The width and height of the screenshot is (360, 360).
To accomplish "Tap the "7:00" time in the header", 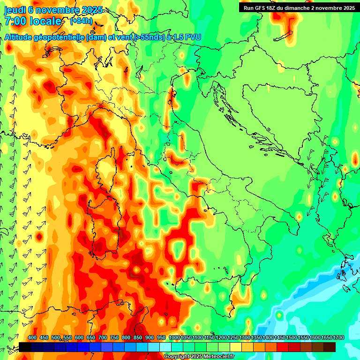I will pos(15,21).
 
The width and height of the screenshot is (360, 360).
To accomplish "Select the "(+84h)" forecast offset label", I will pos(81,21).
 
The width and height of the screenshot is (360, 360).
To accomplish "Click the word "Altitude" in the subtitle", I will pos(21,37).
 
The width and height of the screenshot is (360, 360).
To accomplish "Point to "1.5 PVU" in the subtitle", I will pos(187,37).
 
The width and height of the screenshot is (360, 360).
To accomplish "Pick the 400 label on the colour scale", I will pos(32,338).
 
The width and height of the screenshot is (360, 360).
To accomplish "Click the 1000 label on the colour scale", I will pos(174,338).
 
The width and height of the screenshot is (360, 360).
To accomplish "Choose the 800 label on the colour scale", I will pos(126,338).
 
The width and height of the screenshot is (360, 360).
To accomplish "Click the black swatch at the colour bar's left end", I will pos(25,347).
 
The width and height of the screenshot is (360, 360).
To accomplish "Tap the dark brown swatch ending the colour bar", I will pos(330,347).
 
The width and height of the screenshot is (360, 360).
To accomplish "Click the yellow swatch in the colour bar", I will pos(236,347).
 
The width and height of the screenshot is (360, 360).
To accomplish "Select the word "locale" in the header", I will pos(45,21).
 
